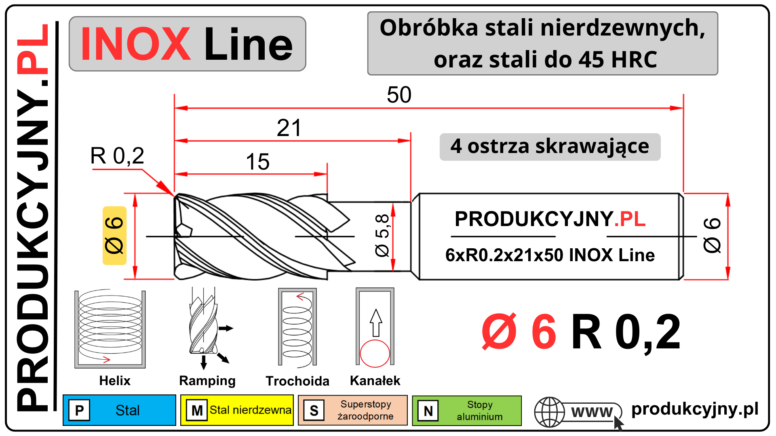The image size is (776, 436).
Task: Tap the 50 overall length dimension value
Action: pos(399,95)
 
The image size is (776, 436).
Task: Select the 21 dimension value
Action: pos(289,128)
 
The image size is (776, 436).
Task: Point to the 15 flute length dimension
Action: pos(257,161)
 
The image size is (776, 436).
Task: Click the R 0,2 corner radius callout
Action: pos(117,156)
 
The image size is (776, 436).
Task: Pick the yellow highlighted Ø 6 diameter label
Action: pos(114,236)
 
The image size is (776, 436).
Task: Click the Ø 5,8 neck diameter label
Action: pos(382,236)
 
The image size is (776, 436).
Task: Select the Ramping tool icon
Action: pos(208,328)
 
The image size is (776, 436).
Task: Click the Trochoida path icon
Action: pos(297,328)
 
